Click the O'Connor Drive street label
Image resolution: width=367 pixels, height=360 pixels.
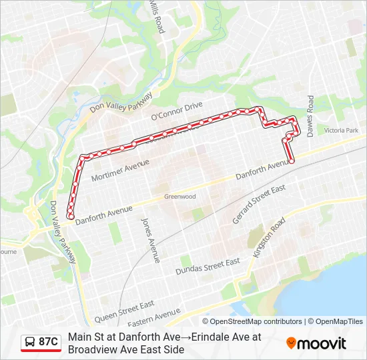(x=176, y=111)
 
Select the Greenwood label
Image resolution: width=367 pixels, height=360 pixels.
(x=180, y=197)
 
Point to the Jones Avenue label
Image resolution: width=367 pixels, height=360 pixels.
(x=150, y=239)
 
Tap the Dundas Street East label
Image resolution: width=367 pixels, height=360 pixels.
(x=208, y=267)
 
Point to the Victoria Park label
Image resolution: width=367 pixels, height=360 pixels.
(x=341, y=131)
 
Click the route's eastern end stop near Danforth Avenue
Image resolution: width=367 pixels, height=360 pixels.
(x=292, y=161)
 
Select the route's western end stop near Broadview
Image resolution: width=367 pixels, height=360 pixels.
(x=70, y=215)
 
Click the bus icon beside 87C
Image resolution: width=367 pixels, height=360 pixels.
(x=30, y=342)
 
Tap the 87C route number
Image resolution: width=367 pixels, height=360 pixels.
(x=48, y=342)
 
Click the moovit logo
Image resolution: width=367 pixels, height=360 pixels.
(x=316, y=343)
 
